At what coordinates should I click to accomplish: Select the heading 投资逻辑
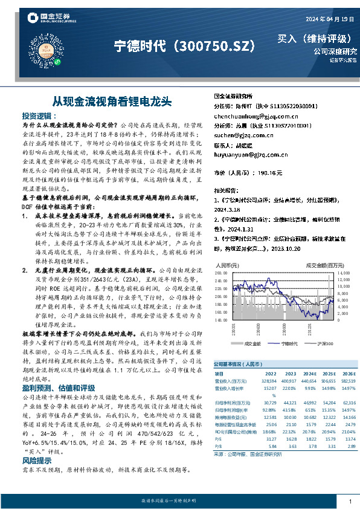coord(38,115)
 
